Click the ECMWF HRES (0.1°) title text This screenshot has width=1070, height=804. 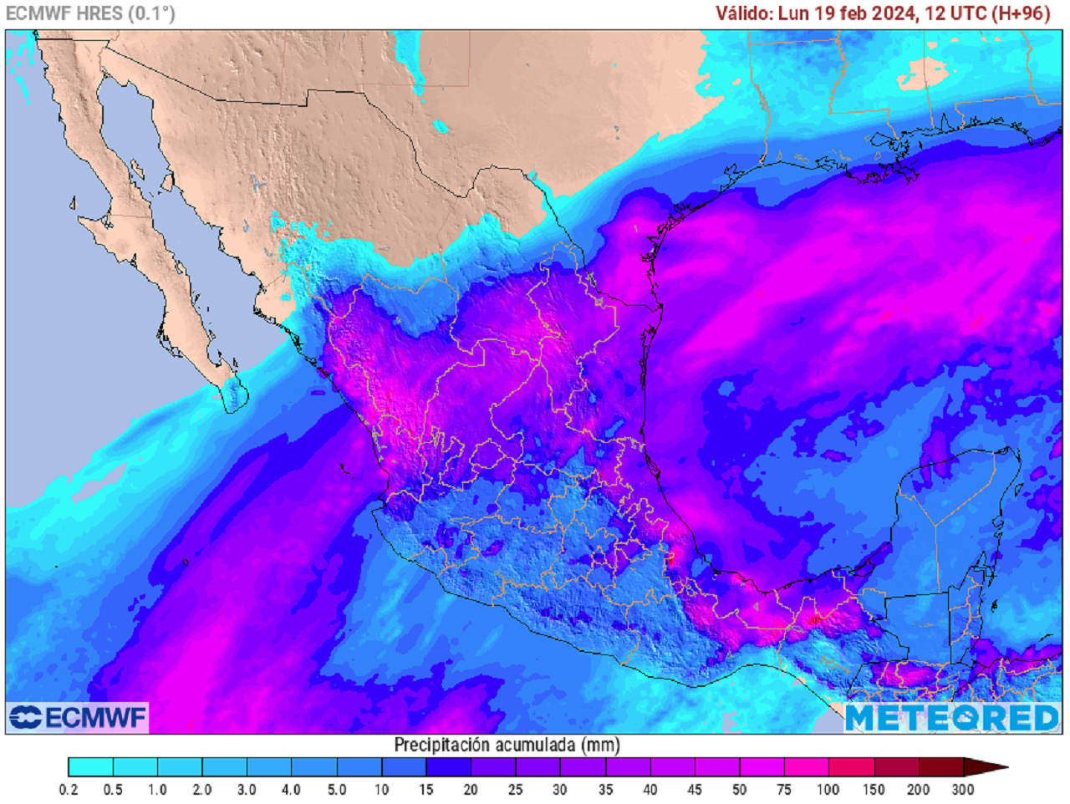point(90,13)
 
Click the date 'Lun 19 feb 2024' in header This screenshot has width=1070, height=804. point(848,13)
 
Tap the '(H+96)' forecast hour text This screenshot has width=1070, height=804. point(1020,13)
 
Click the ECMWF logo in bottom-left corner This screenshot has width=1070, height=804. point(78,717)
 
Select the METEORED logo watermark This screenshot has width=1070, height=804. point(952,718)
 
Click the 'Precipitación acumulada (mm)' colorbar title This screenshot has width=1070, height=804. point(507,744)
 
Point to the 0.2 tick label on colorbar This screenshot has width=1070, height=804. point(69,789)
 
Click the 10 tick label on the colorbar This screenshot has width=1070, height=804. point(381,789)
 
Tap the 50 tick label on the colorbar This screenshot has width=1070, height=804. point(740,789)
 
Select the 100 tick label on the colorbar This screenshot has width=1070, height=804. point(828,789)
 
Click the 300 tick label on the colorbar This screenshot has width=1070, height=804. point(963,789)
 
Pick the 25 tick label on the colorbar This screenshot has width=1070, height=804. point(516,789)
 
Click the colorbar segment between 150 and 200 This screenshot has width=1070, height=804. point(896,766)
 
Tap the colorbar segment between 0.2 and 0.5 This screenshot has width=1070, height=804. point(90,766)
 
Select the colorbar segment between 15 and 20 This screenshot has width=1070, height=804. point(449,766)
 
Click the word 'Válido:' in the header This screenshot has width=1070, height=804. point(744,13)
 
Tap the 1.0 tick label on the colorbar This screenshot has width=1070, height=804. point(157,789)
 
